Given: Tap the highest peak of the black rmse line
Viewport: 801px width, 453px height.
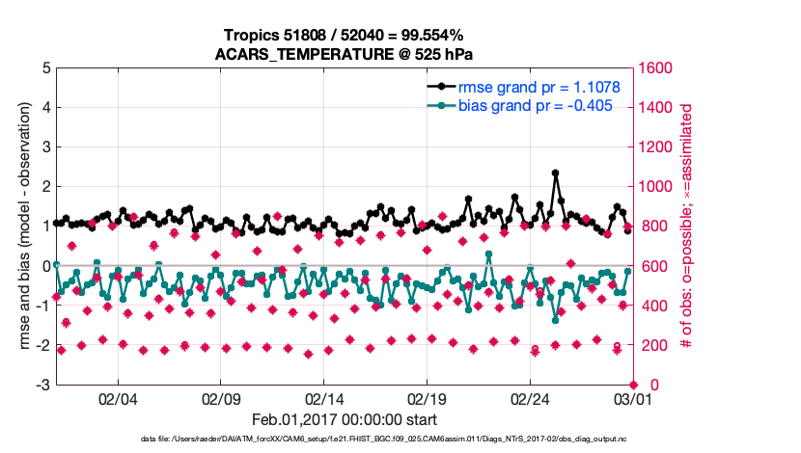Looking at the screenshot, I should click(555, 173).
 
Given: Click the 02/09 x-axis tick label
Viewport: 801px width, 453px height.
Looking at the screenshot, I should click(221, 399).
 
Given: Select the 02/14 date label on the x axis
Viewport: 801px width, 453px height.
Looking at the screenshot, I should click(324, 399).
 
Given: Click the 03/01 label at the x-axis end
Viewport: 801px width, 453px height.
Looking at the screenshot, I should click(632, 399).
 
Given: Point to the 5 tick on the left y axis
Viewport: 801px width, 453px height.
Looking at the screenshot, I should click(45, 68).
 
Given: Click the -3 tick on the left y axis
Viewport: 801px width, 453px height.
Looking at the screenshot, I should click(42, 385).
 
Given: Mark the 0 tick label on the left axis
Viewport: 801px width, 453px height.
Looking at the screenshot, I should click(45, 266).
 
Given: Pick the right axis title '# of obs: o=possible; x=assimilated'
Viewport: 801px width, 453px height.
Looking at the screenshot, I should click(688, 226).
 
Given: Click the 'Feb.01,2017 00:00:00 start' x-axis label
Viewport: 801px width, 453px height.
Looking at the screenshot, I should click(345, 420).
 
